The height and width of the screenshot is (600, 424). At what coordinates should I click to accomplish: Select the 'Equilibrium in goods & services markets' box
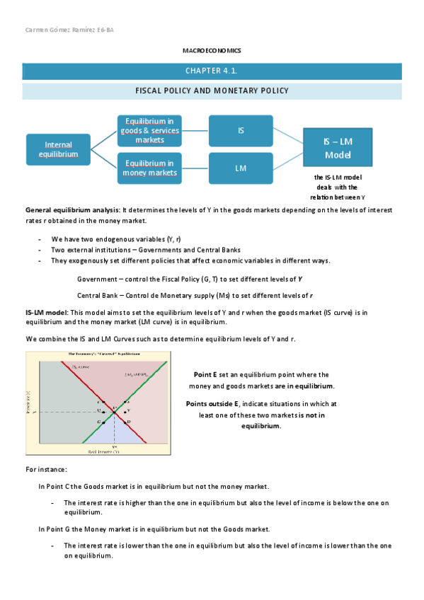[x=149, y=130]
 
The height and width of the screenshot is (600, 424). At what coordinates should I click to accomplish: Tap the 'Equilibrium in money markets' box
[x=149, y=168]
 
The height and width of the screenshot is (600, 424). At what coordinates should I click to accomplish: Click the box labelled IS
[x=241, y=130]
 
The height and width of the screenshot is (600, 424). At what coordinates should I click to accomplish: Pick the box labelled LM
[x=241, y=168]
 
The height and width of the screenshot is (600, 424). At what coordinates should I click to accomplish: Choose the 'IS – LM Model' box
[x=338, y=149]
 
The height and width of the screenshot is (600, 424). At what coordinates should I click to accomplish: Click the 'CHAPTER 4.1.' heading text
[x=212, y=71]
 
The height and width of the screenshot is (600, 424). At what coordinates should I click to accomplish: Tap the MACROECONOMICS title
[x=212, y=51]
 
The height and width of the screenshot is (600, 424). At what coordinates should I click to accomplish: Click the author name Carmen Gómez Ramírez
[x=60, y=30]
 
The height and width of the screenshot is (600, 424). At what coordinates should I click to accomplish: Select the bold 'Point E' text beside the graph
[x=205, y=374]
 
